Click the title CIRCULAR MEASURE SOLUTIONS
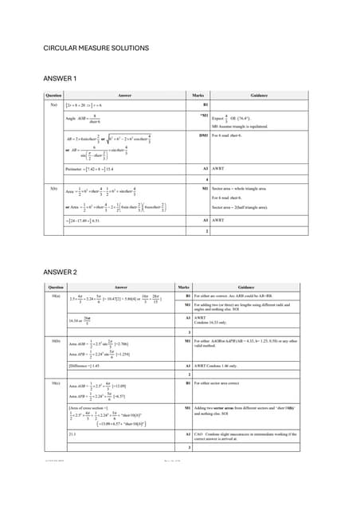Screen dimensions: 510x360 pos(96,49)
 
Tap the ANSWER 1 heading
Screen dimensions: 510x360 pos(60,79)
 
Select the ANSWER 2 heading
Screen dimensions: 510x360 pos(60,273)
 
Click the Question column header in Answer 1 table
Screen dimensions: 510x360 pos(53,95)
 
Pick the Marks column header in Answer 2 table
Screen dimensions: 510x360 pos(183,288)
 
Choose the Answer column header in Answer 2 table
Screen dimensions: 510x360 pos(120,288)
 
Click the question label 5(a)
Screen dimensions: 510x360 pos(53,104)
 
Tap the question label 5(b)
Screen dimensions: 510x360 pos(53,188)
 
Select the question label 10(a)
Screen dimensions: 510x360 pos(54,296)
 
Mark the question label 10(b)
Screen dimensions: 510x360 pos(54,340)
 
